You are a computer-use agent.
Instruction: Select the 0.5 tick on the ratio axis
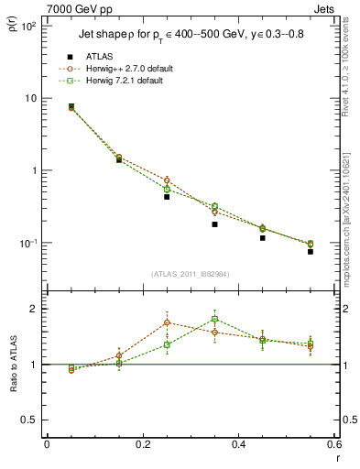coord(30,420)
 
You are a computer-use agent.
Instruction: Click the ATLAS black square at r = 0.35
coord(214,224)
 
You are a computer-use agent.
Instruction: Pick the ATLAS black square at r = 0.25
coord(167,197)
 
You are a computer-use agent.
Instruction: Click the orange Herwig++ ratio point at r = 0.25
coord(167,322)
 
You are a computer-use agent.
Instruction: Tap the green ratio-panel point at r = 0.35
coord(214,320)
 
